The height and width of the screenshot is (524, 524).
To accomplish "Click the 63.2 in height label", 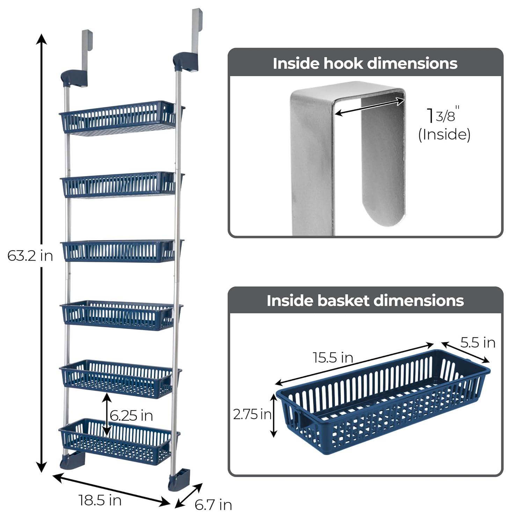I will click(30, 256).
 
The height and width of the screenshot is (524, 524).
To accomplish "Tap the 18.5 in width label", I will click(100, 500).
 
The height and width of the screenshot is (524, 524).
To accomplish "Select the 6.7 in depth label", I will click(213, 505).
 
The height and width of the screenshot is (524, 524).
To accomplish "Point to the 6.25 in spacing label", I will click(131, 416).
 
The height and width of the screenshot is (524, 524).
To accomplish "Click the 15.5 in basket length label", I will click(333, 358).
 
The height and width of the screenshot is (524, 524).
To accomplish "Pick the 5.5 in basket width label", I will click(478, 343).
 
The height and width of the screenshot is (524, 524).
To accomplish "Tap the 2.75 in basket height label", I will click(252, 415).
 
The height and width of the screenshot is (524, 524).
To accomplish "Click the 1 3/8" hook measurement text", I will click(442, 115).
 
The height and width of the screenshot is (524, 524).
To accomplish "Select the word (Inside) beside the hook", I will click(444, 134).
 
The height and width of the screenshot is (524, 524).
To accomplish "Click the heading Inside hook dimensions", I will click(365, 64).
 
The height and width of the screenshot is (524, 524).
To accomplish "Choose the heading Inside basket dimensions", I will click(365, 301).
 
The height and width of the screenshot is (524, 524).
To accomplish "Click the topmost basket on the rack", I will click(119, 118).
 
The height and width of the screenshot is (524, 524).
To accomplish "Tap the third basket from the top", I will click(121, 251).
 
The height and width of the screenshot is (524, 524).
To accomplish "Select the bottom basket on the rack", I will click(117, 441).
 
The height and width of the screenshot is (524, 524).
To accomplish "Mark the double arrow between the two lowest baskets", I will click(107, 415).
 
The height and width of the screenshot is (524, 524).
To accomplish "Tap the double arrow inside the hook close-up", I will click(369, 107).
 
